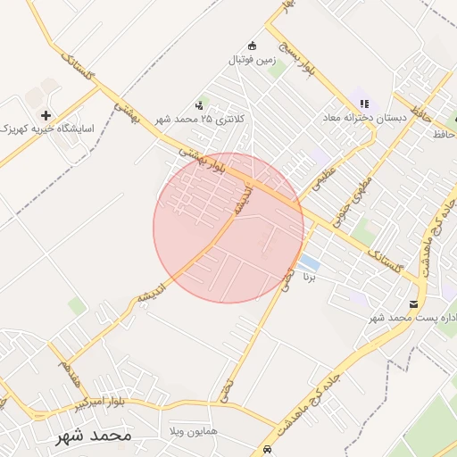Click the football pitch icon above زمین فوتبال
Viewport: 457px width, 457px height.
point(253,46)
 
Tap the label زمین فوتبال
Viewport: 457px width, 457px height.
point(253,62)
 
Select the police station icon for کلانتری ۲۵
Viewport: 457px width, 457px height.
point(198,105)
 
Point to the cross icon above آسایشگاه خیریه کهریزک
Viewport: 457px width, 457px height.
point(46,115)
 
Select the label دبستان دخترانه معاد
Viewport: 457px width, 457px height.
point(364,118)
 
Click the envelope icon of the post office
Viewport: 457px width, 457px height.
point(413,303)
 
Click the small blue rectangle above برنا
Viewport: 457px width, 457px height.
point(309,262)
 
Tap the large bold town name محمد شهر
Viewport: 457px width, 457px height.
point(94,436)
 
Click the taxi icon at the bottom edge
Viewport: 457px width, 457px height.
point(267,449)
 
